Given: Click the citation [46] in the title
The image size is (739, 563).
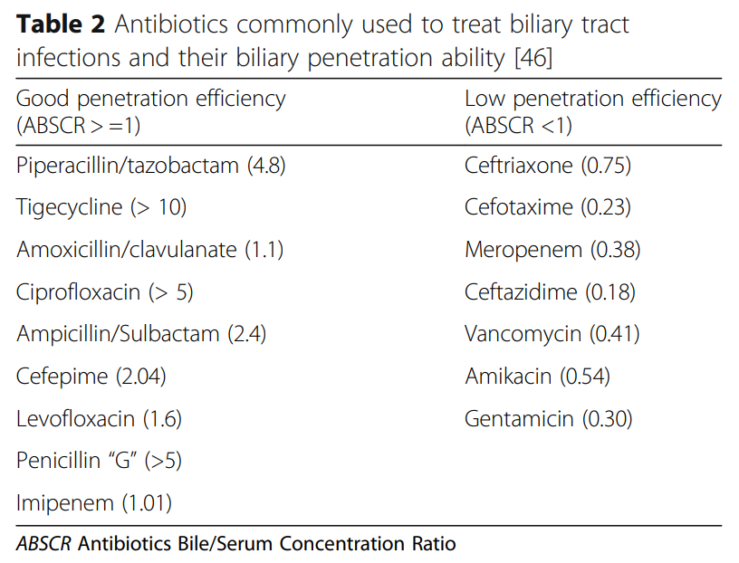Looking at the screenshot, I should (533, 59).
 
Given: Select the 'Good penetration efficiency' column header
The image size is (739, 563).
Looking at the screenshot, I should (150, 111).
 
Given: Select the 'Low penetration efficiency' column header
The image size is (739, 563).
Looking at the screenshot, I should (592, 111).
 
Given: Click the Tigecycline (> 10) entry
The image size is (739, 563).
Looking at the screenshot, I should (101, 207).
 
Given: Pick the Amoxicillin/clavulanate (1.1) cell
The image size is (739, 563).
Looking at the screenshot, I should (149, 250).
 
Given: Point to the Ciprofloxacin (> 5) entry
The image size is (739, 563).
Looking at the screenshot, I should (105, 292).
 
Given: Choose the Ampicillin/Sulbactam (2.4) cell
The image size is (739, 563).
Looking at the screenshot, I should (141, 334).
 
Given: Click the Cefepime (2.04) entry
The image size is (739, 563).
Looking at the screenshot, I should (91, 377).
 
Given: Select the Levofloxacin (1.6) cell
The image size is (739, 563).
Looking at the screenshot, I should (100, 419).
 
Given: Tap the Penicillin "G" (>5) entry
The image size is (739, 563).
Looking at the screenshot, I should (100, 461).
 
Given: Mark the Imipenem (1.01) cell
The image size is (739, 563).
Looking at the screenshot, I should (94, 503).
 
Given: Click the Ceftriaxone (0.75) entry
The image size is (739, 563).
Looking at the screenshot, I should (547, 165).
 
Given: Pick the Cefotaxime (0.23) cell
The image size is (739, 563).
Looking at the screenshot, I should (547, 207).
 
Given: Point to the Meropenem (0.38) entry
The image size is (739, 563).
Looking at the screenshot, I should (552, 250).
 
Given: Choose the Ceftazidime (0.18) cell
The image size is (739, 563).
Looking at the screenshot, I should (550, 292).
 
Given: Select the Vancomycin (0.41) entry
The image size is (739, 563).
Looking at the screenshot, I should (552, 334).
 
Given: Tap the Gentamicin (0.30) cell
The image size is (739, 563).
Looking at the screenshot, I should (548, 419).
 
